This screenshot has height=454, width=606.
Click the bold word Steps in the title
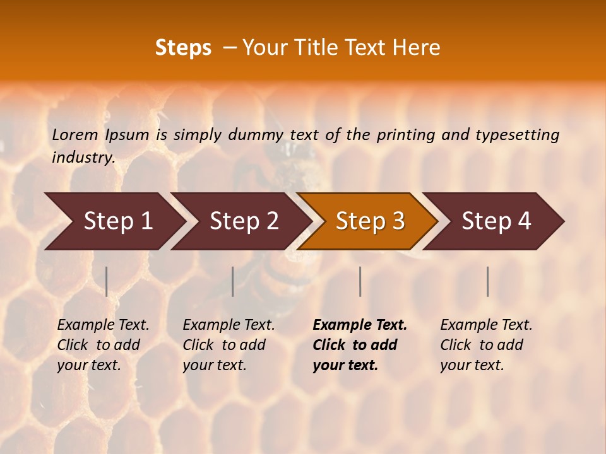(x=183, y=48)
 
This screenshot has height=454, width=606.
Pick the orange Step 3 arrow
(x=369, y=221)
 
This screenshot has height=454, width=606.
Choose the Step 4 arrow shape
(x=496, y=221)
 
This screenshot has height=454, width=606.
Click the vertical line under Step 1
(x=107, y=281)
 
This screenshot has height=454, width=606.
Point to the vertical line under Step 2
(x=233, y=281)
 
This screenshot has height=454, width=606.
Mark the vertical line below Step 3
(x=360, y=281)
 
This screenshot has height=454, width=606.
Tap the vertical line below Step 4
(x=487, y=281)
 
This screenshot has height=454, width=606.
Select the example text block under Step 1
(x=103, y=345)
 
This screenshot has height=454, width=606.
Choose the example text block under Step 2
(x=229, y=345)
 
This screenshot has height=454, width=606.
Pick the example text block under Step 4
(x=486, y=345)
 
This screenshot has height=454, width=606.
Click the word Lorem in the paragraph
(x=75, y=134)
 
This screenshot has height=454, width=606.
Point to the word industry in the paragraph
(x=83, y=157)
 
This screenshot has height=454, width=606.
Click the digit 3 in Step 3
(x=398, y=221)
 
